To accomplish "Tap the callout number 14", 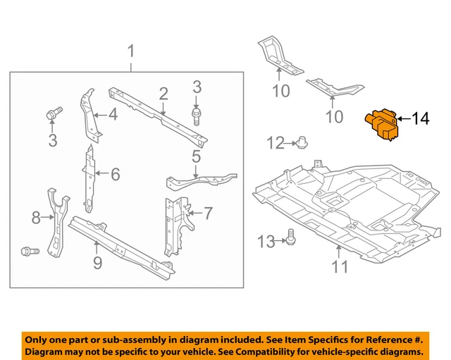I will click(x=419, y=119).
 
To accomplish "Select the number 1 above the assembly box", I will click(x=130, y=51).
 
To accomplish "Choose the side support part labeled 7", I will click(x=173, y=225).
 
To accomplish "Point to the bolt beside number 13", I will click(x=289, y=241).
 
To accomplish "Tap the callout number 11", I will click(x=340, y=266).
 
